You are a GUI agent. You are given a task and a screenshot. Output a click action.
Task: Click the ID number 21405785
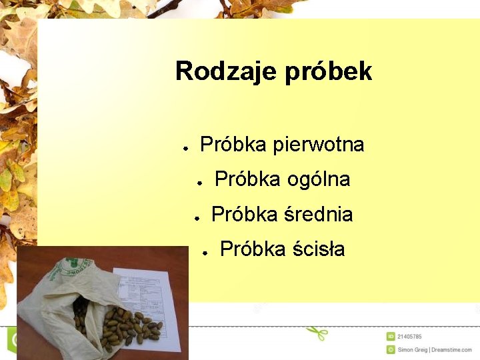tap(409, 337)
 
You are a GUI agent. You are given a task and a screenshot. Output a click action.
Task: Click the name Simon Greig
tap(413, 349)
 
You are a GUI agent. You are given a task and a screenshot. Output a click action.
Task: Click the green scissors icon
tap(317, 331)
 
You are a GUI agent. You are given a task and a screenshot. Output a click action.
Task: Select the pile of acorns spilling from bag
tap(127, 327)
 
